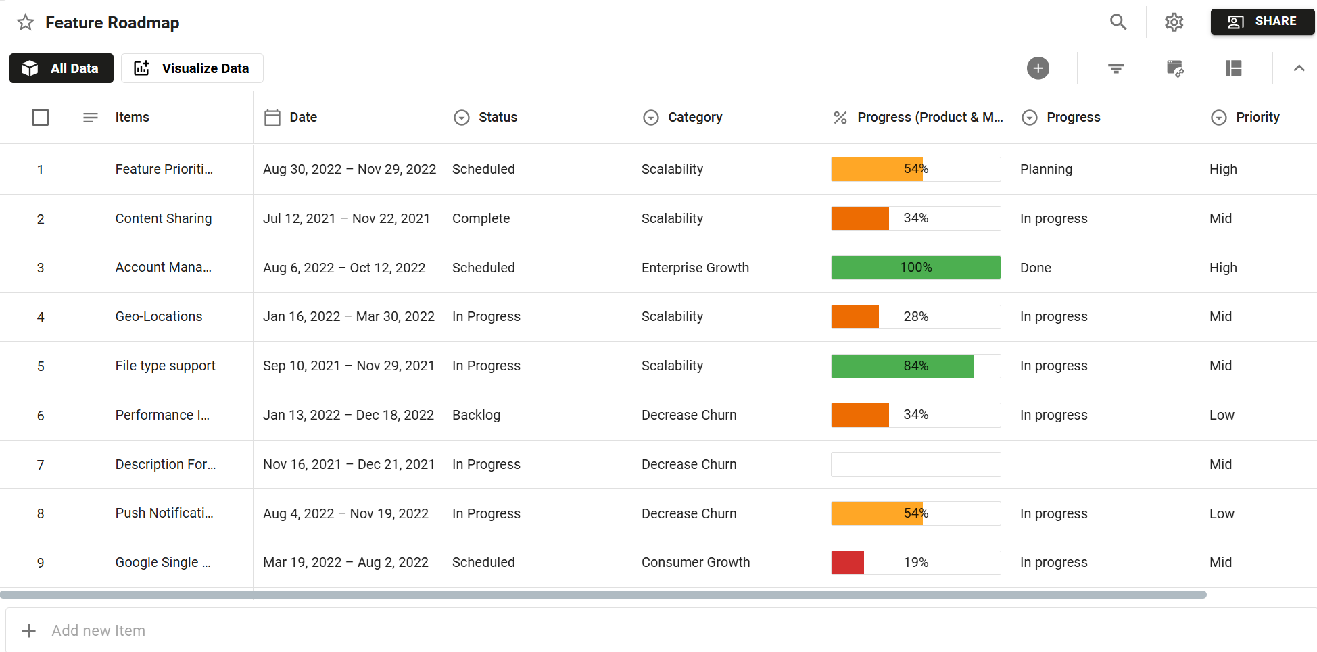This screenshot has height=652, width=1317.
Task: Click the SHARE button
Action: point(1262,22)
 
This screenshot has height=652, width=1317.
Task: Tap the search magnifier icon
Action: point(1118,22)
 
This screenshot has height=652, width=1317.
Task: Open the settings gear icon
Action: point(1174,22)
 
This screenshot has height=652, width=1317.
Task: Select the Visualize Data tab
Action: point(192,68)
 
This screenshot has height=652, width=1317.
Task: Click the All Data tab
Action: point(62,68)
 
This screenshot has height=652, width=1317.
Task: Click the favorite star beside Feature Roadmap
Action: point(26,22)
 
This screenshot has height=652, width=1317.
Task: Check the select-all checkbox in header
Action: point(41,118)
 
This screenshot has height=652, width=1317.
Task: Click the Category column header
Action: point(694,118)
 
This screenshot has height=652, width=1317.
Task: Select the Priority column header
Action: point(1257,118)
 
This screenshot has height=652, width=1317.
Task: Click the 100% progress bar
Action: point(915,268)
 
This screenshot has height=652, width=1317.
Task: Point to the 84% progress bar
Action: point(915,366)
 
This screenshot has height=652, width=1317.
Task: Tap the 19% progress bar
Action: point(915,563)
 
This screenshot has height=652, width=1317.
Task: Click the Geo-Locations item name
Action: point(159,317)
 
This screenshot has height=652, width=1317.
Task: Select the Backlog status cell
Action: point(476,416)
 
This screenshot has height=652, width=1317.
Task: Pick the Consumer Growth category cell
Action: point(695,563)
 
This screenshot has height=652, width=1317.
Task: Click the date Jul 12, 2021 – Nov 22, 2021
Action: point(346,219)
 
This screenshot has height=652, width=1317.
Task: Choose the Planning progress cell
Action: point(1046,170)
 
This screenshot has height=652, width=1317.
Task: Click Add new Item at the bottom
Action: point(98,631)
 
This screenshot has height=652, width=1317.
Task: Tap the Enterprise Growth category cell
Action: point(695,268)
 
